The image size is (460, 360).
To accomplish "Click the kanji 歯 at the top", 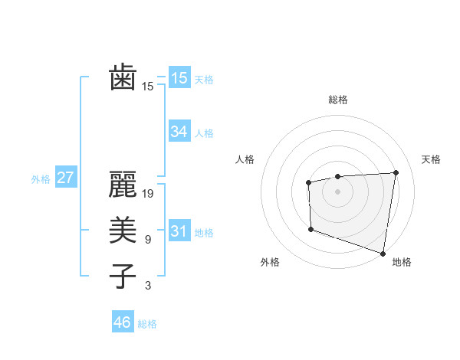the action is (123, 78).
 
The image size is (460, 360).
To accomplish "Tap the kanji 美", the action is (123, 231).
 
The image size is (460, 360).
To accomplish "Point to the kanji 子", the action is (123, 277).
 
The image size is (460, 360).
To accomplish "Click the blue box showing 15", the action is (179, 78).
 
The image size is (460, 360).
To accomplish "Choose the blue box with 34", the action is (179, 132).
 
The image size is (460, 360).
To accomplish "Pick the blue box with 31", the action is (179, 231).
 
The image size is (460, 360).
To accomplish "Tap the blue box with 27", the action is (65, 178).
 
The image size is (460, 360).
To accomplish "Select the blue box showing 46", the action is (123, 322).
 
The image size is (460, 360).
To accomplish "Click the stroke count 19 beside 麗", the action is (149, 194).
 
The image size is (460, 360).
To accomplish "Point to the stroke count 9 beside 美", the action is (148, 240).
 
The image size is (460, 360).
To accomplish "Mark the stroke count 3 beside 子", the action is (148, 286).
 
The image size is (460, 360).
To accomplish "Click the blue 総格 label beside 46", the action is (147, 324).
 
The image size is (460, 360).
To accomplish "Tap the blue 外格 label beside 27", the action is (41, 179).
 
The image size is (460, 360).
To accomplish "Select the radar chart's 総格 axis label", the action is (337, 100).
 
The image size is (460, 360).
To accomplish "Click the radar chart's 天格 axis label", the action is (432, 159).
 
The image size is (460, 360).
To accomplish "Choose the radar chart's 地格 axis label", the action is (402, 262).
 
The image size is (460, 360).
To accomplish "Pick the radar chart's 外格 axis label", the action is (270, 262).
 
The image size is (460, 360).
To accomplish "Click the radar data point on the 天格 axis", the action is (396, 172).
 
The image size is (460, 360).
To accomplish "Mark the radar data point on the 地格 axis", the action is (383, 253).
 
